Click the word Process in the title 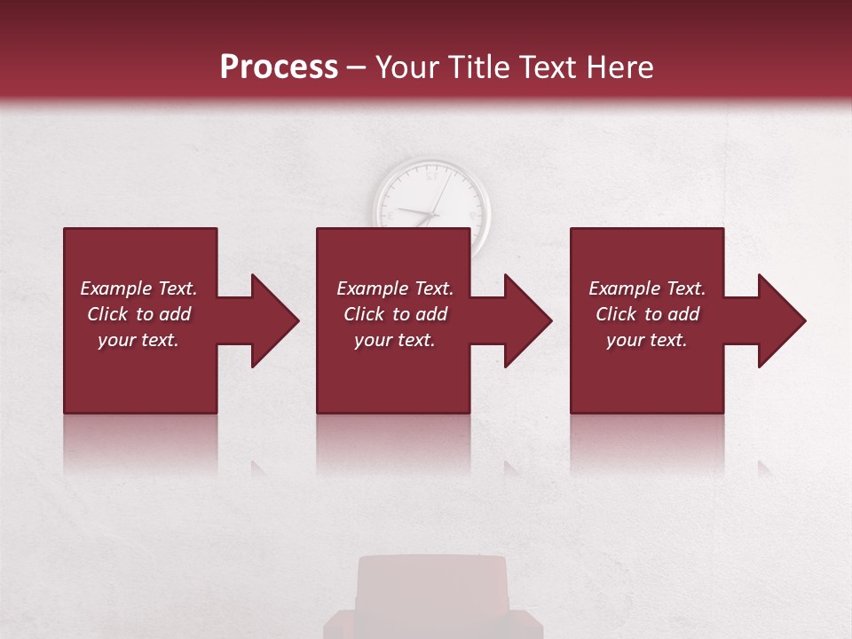click(x=279, y=67)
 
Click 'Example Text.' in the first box click(x=138, y=288)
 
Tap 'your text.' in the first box click(x=138, y=340)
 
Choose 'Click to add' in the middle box click(x=395, y=314)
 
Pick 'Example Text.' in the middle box click(x=395, y=288)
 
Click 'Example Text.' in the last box click(x=647, y=288)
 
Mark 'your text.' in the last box click(x=647, y=340)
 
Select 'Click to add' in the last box click(x=647, y=314)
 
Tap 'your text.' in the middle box click(x=395, y=340)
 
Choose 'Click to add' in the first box click(x=138, y=314)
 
